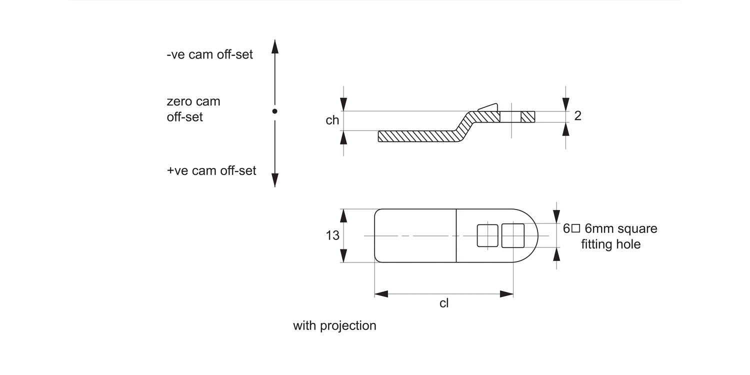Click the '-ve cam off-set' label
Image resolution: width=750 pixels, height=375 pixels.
coord(209,54)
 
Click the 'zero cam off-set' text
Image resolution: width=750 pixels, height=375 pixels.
coord(193,109)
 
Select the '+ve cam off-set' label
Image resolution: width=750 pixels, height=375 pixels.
coord(211,170)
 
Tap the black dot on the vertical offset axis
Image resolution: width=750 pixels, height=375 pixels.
coord(274,111)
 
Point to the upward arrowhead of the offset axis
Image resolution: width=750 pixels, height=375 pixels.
coord(274,46)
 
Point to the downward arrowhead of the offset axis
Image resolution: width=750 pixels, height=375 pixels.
coord(274,180)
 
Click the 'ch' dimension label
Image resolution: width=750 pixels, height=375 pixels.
coord(332,120)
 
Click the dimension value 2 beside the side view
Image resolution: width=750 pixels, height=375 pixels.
coord(577,116)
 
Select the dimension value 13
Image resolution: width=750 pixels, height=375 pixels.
coord(332,235)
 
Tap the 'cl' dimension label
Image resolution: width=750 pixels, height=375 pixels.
coord(443,303)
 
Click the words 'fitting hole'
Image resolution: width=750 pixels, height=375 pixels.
coord(610,244)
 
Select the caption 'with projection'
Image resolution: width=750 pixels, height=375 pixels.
coord(334,326)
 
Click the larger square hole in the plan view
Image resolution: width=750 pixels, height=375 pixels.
coord(512,235)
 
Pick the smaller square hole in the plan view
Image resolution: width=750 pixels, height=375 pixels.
coord(487,235)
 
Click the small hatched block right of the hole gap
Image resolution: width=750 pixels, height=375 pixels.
coord(527,116)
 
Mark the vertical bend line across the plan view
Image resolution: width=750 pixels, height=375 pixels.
coord(456,235)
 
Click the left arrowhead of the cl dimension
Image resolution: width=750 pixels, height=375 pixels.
coord(381,294)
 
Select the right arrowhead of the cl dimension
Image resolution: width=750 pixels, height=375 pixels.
coord(507,294)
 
